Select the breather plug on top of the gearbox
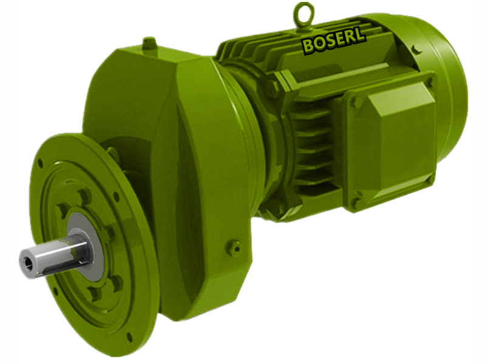[x=149, y=44]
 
